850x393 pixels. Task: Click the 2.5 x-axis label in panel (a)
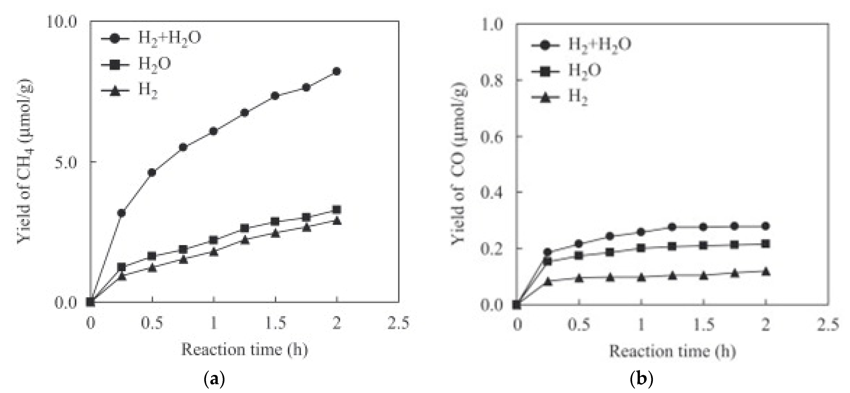(398, 324)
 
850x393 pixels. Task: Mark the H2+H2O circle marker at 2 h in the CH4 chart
(337, 71)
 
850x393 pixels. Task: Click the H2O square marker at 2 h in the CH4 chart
(337, 210)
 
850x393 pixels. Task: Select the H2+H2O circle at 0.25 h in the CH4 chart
(121, 213)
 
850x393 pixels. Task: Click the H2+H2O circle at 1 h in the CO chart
(641, 232)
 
